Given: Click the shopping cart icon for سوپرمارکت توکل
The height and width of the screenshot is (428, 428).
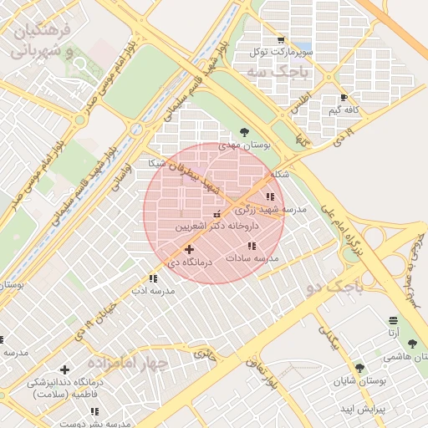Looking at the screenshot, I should coord(280,39).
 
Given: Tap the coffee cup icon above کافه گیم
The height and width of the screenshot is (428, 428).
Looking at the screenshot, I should coord(344,98).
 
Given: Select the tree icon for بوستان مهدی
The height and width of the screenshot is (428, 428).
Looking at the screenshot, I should coord(244,131).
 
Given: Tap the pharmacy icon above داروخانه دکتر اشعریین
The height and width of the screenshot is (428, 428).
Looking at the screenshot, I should coord(217,215).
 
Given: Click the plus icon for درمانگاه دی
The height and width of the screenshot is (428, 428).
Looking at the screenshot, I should coord(189,249).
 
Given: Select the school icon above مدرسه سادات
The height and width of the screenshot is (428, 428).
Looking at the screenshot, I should coord(252,246).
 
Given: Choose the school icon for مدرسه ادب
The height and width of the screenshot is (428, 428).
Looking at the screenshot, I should coord(152,278).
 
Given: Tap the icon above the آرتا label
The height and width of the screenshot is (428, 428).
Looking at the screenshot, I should coord(393,320).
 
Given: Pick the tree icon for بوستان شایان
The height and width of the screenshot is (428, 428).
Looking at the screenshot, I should coord(359,368).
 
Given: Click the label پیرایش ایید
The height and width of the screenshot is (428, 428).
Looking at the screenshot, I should coord(361,410).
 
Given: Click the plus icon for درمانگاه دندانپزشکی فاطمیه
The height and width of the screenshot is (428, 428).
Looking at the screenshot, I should coord(64,369).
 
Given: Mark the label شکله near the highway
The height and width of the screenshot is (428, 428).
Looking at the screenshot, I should coord(281,175).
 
